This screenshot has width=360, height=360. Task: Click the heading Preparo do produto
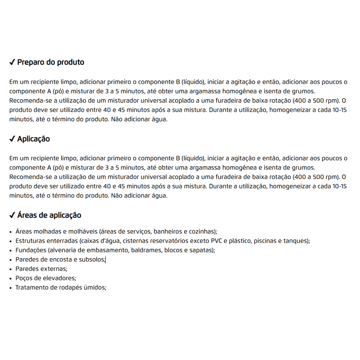(51, 62)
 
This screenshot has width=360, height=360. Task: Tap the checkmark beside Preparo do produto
(12, 63)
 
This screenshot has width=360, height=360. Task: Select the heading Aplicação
(33, 139)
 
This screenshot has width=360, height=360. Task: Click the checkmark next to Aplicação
(12, 139)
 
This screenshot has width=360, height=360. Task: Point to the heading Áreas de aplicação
(49, 215)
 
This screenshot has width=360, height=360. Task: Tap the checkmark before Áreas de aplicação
(12, 216)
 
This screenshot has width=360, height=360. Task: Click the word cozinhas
(203, 232)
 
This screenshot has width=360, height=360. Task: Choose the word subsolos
(92, 259)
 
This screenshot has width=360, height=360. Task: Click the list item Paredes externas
(41, 269)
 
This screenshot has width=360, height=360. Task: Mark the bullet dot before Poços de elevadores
(11, 278)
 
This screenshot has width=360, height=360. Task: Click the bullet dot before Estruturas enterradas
(11, 241)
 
